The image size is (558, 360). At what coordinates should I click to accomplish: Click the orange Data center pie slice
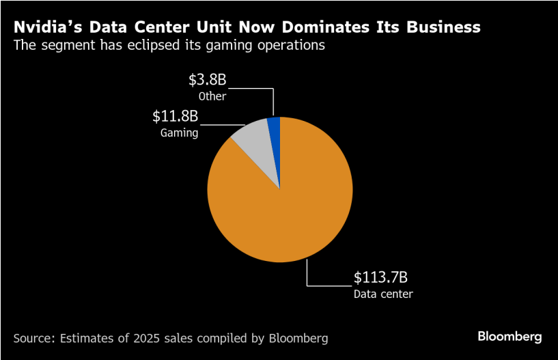[x=287, y=205]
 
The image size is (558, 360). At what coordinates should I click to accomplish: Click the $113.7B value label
[x=380, y=278]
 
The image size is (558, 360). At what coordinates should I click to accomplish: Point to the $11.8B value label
[x=175, y=115]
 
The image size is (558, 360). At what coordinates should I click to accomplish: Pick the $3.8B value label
[x=208, y=80]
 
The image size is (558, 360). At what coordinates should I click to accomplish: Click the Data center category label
[x=383, y=294]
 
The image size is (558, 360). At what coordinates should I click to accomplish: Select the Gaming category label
[x=179, y=133]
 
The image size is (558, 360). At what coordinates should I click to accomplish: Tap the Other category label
[x=212, y=96]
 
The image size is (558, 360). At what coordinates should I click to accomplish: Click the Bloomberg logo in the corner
[x=510, y=337]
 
